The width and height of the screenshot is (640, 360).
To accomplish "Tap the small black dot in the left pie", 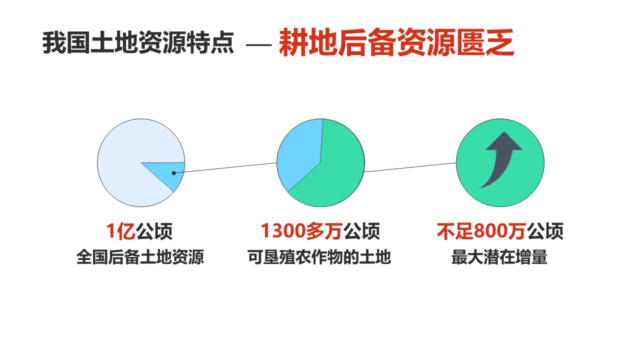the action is point(173,173).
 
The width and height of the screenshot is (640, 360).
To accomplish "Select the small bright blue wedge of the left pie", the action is point(168,173).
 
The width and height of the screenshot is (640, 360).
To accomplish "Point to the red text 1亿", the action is point(121,231).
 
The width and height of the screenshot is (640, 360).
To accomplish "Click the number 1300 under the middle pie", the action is point(283,231).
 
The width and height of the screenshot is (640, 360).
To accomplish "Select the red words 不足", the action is point(455,231).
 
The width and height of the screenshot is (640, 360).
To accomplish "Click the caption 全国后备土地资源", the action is point(140,257).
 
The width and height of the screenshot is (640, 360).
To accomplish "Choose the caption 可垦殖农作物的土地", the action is point(319,257).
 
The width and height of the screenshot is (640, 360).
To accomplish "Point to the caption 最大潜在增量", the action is point(499,257).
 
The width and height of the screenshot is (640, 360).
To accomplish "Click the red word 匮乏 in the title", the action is point(485,42).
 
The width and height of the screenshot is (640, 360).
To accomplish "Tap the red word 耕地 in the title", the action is point(308,42).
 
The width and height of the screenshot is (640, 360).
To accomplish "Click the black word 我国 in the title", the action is point(66,43).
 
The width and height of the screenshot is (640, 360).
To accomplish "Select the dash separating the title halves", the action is point(258,45).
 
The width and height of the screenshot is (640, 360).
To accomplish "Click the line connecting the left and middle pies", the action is point(225,168).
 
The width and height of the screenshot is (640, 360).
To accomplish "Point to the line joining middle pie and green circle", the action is point(410,167).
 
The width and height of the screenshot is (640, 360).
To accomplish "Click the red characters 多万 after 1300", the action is point(324,231).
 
